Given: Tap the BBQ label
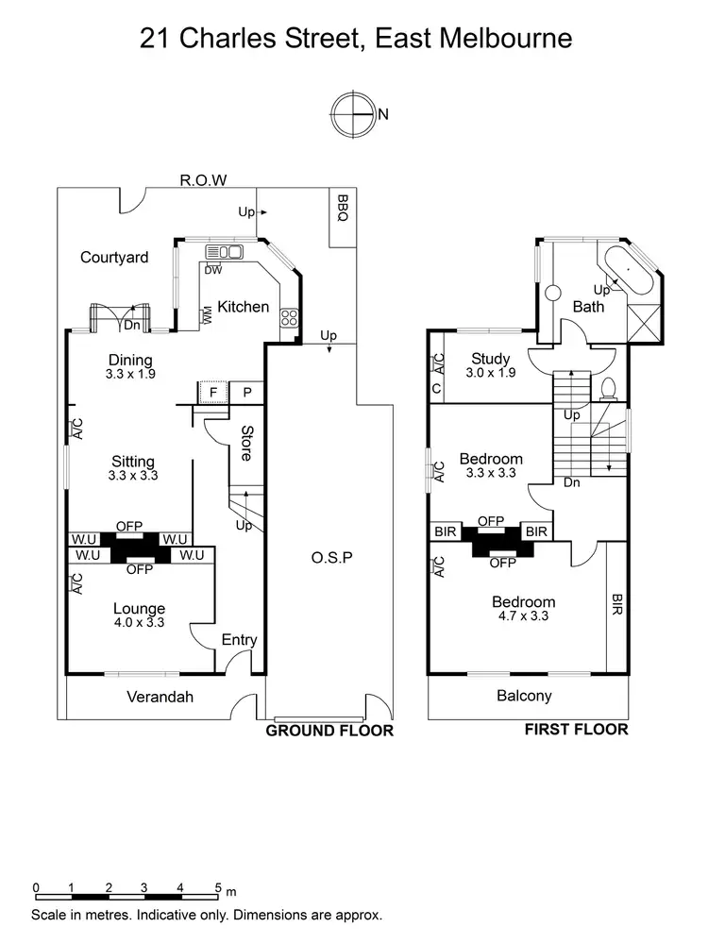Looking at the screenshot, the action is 343,209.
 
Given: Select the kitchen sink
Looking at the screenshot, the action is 224,251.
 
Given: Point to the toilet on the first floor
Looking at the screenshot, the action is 609,388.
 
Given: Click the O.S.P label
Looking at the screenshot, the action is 331,557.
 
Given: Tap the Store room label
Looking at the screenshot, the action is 246,444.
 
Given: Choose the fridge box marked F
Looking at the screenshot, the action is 213,393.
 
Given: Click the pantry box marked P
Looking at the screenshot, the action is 246,393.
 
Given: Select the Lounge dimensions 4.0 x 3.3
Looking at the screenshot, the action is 139,624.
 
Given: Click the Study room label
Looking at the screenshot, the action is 491,359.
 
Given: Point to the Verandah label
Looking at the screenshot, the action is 160,698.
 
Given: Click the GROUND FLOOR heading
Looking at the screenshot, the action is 329,731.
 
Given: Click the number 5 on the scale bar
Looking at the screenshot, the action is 217,888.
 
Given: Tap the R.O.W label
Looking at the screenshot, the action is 205,180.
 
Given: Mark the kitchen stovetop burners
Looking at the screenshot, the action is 290,318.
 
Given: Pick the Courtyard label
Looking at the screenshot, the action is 114,257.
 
